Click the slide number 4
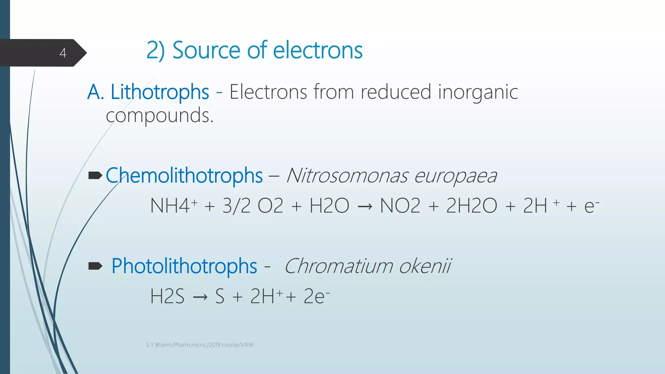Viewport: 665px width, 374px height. click(x=63, y=53)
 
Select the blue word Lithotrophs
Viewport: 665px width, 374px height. click(x=160, y=92)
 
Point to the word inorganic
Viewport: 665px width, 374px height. click(x=478, y=93)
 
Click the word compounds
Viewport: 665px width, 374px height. click(x=159, y=116)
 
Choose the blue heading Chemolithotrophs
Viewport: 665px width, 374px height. click(x=184, y=176)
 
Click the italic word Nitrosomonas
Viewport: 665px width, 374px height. click(x=347, y=176)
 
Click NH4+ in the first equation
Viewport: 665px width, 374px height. click(x=173, y=206)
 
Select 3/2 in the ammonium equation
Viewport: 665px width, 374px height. click(x=236, y=206)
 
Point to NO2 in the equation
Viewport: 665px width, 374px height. click(x=400, y=206)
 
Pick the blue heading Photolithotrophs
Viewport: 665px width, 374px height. click(x=184, y=266)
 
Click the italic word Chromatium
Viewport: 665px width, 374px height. click(x=338, y=266)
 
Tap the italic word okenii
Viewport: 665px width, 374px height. click(x=425, y=266)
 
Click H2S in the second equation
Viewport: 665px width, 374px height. click(x=167, y=296)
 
